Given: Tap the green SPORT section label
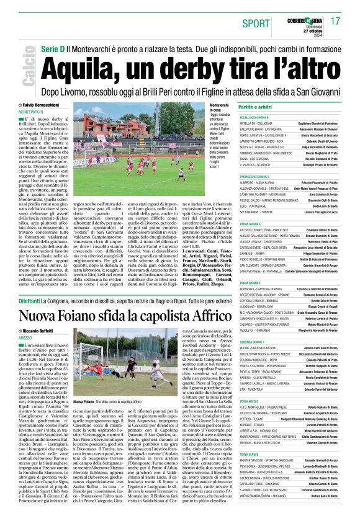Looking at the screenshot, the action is coord(252,22).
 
